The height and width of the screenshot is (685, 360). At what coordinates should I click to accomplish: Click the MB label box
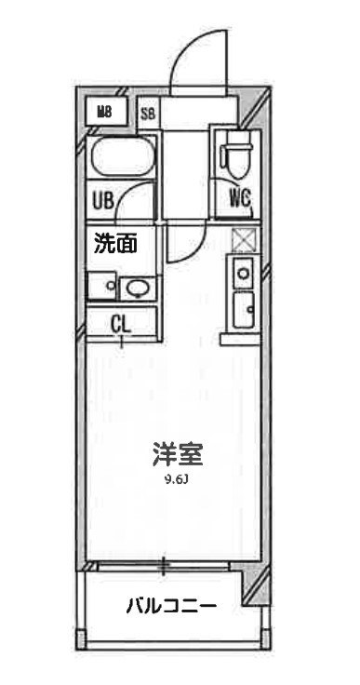click(x=105, y=114)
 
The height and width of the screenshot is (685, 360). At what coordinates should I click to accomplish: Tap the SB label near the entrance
click(x=148, y=114)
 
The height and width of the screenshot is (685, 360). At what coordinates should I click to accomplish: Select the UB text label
click(x=103, y=199)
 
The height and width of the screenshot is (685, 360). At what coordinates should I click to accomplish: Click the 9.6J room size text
click(x=177, y=480)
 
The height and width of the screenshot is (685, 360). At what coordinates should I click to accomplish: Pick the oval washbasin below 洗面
click(x=136, y=288)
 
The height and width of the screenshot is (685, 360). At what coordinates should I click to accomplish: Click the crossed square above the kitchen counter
click(x=242, y=240)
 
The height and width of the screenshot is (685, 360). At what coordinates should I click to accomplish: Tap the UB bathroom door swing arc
click(x=140, y=200)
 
